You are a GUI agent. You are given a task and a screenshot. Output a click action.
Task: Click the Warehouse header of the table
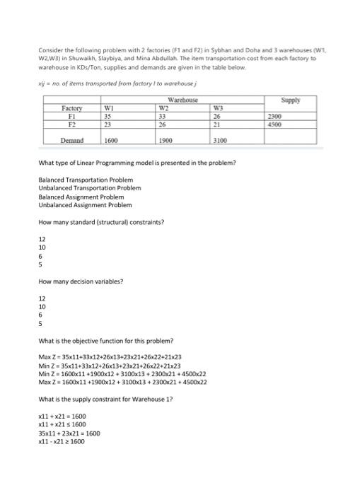[x=183, y=100]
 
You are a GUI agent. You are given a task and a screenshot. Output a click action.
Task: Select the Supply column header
[x=290, y=100]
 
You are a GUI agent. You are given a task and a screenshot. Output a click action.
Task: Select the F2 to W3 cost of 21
[x=217, y=123]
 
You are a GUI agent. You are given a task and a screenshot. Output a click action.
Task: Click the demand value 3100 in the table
[x=220, y=140]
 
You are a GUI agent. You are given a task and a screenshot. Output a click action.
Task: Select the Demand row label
[x=72, y=140]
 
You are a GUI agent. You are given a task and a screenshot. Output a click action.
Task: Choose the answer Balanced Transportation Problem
[x=85, y=180]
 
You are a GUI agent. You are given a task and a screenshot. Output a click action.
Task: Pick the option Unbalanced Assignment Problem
[x=85, y=205]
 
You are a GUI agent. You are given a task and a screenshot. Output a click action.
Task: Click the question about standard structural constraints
[x=102, y=222]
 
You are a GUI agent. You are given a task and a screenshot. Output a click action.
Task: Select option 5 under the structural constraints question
[x=40, y=264]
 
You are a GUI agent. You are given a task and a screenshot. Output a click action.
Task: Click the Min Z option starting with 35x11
[x=110, y=366]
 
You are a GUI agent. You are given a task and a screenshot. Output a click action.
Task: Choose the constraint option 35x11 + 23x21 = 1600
[x=69, y=433]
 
